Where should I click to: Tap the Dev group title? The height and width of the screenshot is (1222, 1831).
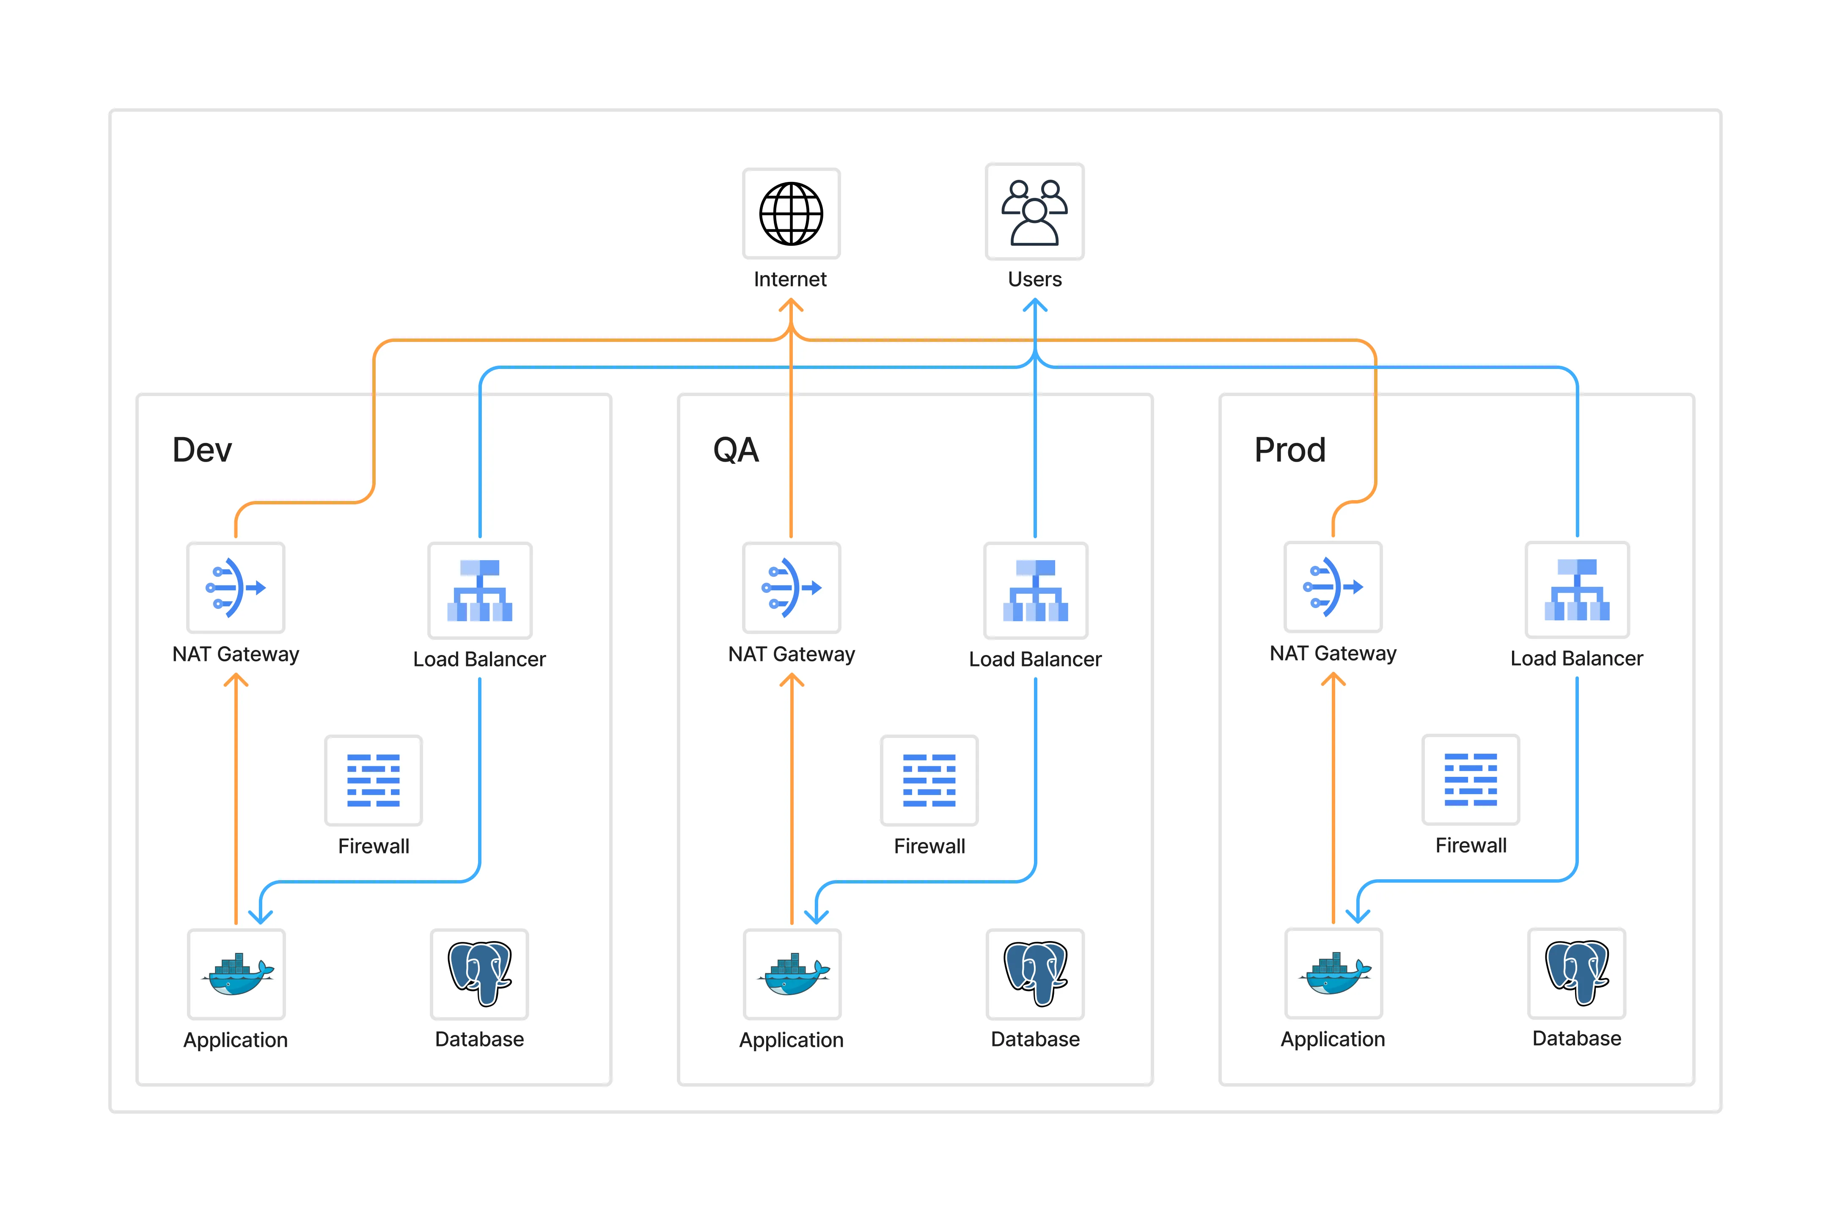coord(202,450)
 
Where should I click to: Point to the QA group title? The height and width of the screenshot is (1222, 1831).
coord(736,450)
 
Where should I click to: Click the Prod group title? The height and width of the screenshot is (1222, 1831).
coord(1289,450)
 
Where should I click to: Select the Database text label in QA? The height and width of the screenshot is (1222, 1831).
coord(1035,1039)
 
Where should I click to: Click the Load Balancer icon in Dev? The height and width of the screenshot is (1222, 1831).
coord(479,590)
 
